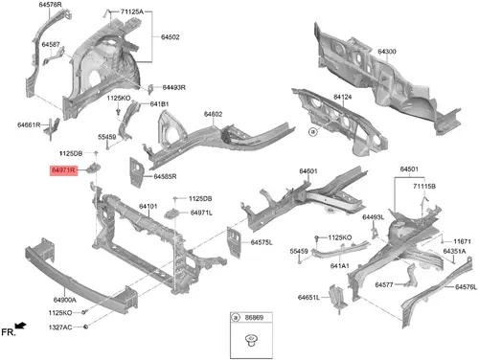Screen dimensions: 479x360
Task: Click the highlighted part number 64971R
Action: click(63, 170)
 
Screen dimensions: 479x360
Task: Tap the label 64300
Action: click(387, 52)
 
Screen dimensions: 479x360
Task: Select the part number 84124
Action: click(342, 97)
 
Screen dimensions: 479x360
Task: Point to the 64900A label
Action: click(65, 300)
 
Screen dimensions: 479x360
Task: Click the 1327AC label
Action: click(60, 327)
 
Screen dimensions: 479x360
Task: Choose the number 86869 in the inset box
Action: click(254, 318)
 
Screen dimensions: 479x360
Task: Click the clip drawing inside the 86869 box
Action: click(251, 340)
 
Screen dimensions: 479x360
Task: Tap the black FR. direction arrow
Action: click(21, 326)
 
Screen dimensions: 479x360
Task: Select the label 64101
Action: click(148, 207)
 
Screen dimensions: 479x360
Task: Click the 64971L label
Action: click(201, 213)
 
